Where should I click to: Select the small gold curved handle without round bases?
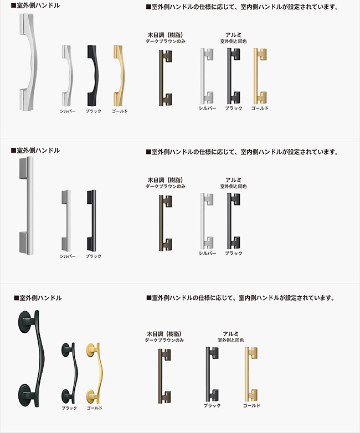tap(120, 75)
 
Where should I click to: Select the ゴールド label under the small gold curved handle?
tap(120, 111)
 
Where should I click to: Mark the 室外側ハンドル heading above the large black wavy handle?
tap(38, 298)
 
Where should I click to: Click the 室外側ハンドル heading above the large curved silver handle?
tap(35, 6)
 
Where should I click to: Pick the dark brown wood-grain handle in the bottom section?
tap(164, 375)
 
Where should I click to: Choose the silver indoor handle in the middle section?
tap(207, 220)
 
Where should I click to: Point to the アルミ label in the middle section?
tap(233, 180)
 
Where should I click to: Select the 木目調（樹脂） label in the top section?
tap(165, 35)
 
